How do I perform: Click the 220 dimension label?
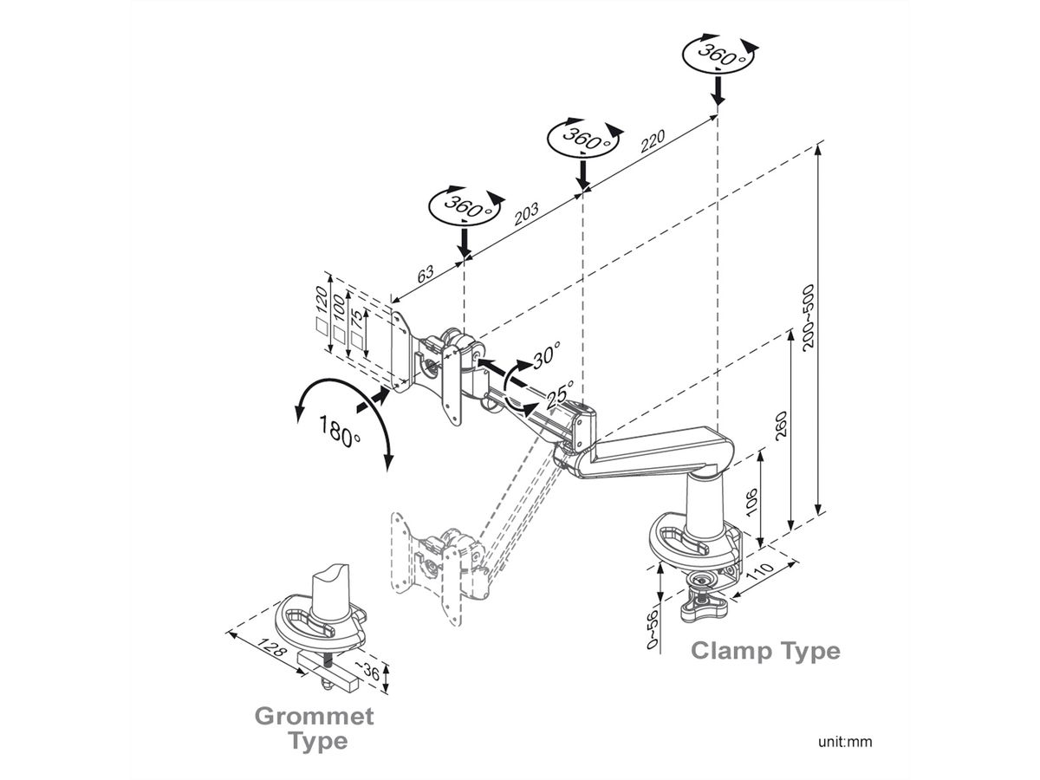point(653,140)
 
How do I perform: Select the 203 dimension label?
point(526,214)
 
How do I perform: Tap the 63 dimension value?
point(425,274)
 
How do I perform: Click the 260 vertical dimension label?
point(780,426)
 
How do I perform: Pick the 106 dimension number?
point(751,502)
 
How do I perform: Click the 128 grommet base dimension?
point(271,647)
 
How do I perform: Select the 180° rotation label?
point(339,431)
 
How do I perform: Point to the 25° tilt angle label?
point(560,394)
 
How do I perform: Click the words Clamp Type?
point(765,651)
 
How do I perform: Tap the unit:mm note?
point(845,741)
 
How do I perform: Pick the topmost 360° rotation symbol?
point(718,54)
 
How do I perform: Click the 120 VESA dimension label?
point(322,298)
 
